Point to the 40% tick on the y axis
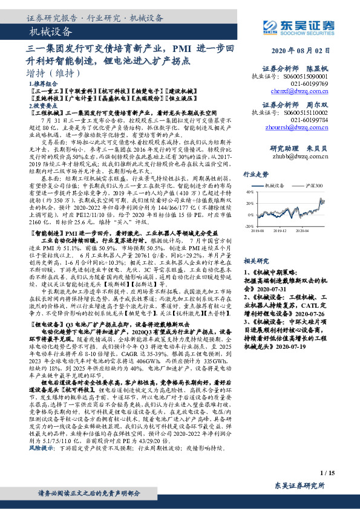(250, 192)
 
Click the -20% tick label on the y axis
(249, 226)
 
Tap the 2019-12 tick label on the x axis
(286, 230)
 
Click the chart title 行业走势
(256, 173)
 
